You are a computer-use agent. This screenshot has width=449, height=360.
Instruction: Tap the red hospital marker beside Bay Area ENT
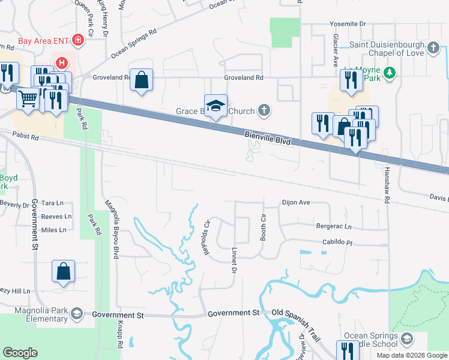pyautogui.click(x=77, y=41)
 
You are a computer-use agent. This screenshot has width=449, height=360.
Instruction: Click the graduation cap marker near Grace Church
pyautogui.click(x=216, y=106)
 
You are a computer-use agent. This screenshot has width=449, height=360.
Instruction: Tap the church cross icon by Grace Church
pyautogui.click(x=264, y=110)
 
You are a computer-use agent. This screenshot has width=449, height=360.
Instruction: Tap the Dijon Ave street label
pyautogui.click(x=296, y=202)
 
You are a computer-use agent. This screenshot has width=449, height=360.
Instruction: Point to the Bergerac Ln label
pyautogui.click(x=333, y=226)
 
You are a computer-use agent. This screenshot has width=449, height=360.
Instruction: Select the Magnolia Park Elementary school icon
pyautogui.click(x=77, y=313)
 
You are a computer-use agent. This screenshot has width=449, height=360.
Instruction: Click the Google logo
pyautogui.click(x=20, y=352)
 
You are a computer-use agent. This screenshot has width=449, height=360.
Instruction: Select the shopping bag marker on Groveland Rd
pyautogui.click(x=141, y=79)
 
